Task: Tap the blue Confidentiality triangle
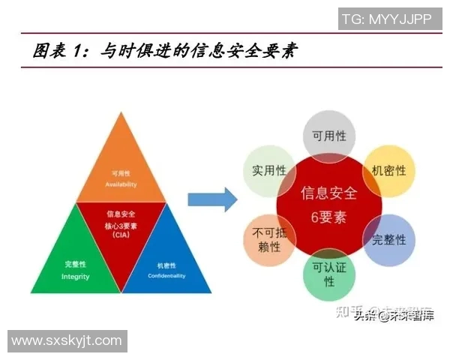coord(169,259)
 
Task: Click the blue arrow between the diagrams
coord(212,199)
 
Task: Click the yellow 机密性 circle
coord(388,171)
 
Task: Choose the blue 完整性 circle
coord(388,240)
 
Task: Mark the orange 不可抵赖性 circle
coord(267,240)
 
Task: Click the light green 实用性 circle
coord(266,171)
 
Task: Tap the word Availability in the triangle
coord(120,184)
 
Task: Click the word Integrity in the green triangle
coord(75,277)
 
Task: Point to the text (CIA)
coord(121,235)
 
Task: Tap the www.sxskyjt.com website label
coord(66,340)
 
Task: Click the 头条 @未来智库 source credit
coord(394,316)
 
